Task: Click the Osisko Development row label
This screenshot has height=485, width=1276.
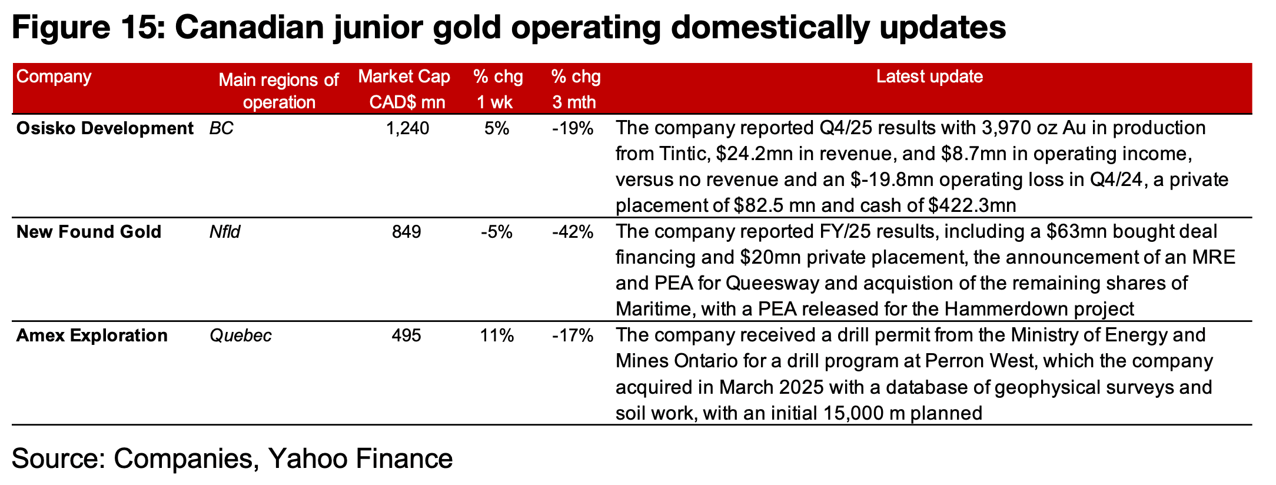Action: pos(104,128)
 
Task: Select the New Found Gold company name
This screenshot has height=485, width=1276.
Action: pos(88,232)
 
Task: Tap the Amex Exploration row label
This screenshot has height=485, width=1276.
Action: pos(91,335)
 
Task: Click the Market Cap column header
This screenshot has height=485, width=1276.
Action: pos(404,89)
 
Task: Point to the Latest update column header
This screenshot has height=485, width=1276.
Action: pos(929,77)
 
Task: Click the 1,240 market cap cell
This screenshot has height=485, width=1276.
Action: pos(407,128)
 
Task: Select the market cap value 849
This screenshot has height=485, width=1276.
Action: pos(407,232)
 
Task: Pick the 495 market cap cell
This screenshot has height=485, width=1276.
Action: pos(407,335)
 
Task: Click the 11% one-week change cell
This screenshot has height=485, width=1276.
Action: pos(497,335)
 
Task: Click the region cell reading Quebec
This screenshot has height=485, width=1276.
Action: pos(241,335)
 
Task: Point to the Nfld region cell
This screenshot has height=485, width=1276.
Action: pos(225,232)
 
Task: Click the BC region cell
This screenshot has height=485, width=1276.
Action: pos(221,128)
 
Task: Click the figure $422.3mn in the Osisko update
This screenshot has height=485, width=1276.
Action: pos(972,206)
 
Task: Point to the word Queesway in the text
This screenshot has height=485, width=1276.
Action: pos(772,283)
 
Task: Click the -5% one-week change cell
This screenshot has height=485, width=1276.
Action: pos(497,232)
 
